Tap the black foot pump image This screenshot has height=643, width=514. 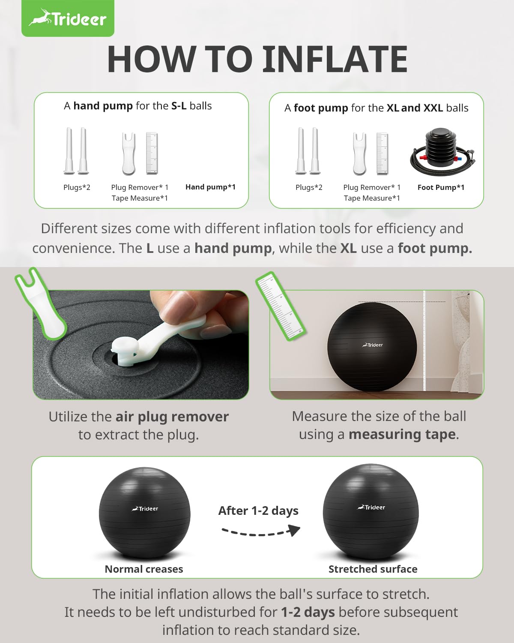(x=442, y=151)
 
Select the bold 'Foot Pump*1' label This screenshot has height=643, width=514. (x=441, y=187)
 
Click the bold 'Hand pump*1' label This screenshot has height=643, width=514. (x=211, y=187)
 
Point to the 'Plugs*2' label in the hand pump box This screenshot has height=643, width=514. (x=77, y=187)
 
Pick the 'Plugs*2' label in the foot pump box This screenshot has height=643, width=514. (x=309, y=187)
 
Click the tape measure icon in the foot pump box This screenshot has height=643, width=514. (x=383, y=153)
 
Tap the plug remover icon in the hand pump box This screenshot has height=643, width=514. (x=129, y=153)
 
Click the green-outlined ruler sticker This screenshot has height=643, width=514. (x=281, y=306)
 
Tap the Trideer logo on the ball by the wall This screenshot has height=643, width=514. (x=372, y=345)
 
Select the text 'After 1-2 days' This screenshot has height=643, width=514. (x=258, y=511)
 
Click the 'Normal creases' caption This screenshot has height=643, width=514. (x=144, y=569)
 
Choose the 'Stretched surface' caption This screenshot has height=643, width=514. (x=373, y=569)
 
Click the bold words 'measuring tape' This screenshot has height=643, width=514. (x=402, y=435)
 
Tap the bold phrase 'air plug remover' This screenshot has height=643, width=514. (x=172, y=417)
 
